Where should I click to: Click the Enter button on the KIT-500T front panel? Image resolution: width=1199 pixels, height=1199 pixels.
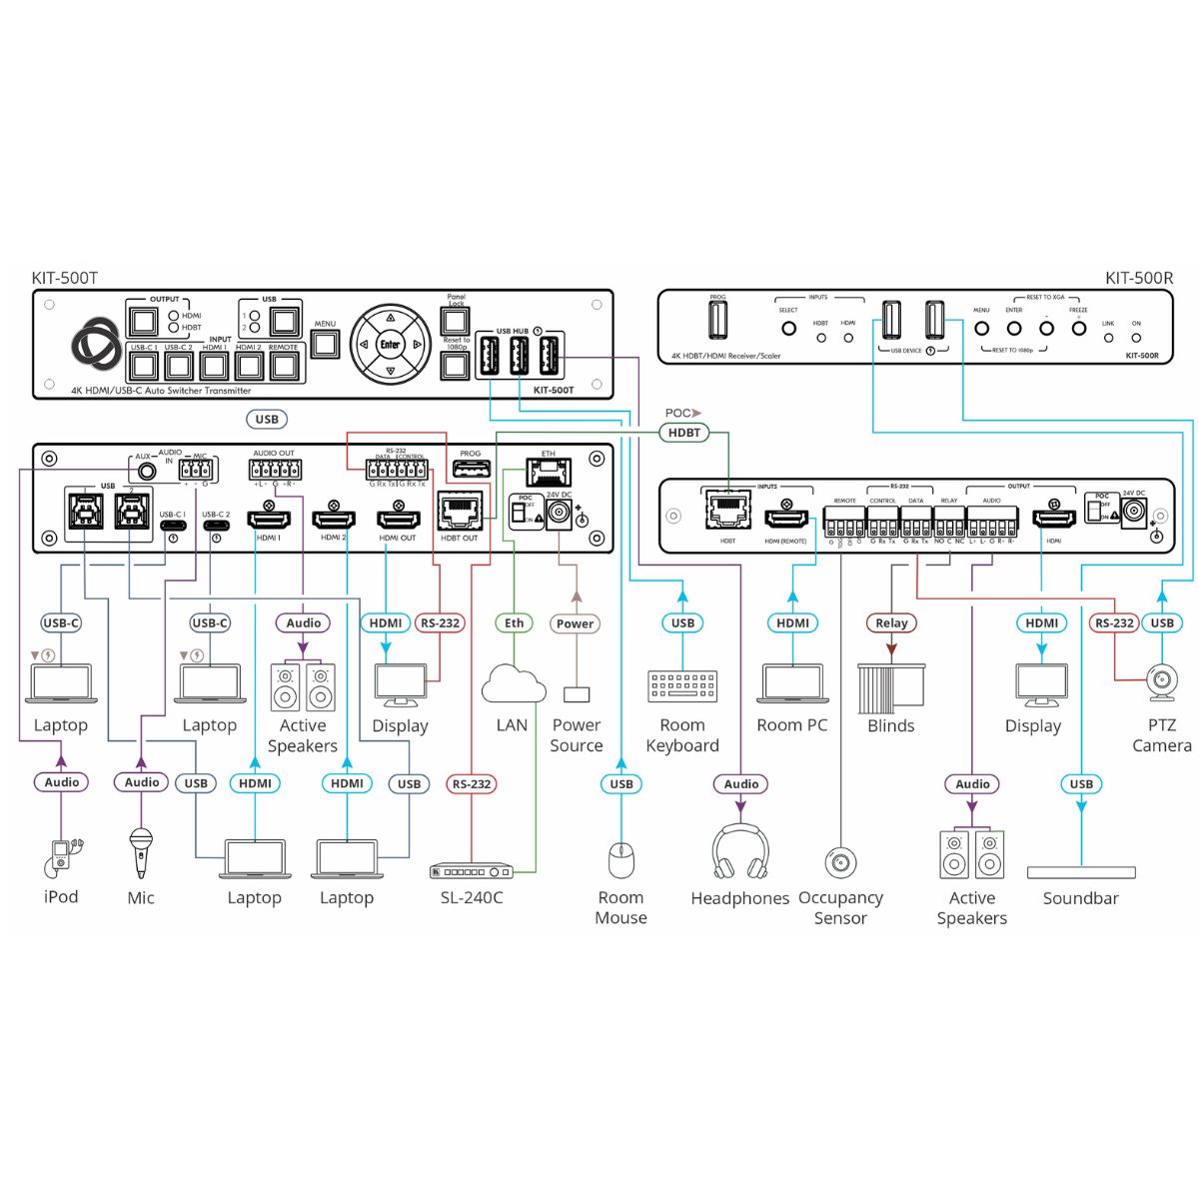tap(390, 345)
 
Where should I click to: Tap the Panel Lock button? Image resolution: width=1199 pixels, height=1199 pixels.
tap(456, 321)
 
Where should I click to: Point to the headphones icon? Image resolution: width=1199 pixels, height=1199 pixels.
tap(740, 852)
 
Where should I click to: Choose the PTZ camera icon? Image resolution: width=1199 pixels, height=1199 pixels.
tap(1161, 683)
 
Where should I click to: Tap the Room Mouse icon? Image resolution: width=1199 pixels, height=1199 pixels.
tap(621, 858)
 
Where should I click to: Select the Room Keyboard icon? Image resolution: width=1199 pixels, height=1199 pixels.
tap(682, 686)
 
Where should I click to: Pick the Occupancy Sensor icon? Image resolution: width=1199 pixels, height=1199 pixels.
tap(840, 861)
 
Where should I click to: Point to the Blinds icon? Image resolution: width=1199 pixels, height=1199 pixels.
tap(891, 686)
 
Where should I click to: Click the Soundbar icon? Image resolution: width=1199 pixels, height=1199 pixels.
tap(1081, 872)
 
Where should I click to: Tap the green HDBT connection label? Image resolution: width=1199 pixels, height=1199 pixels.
tap(684, 433)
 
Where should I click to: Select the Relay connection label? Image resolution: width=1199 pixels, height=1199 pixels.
tap(891, 622)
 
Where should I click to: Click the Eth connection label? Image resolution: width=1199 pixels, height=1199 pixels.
tap(514, 622)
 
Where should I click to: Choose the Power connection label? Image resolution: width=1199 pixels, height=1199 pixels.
tap(576, 622)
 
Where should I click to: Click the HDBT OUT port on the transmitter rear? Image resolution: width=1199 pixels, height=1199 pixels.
tap(460, 512)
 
